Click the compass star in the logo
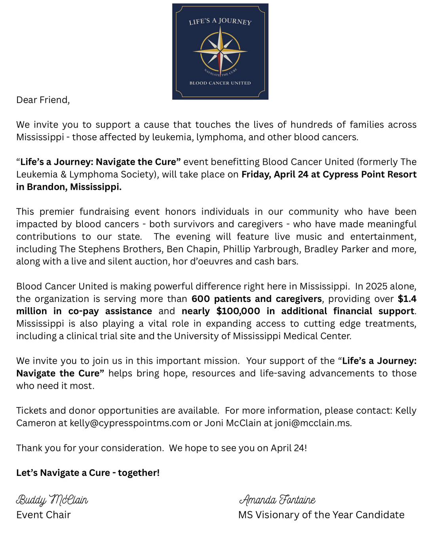pyautogui.click(x=220, y=52)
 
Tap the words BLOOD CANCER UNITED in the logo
pyautogui.click(x=220, y=83)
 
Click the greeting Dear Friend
pyautogui.click(x=43, y=100)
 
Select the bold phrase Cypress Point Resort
pyautogui.click(x=370, y=174)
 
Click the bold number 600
pyautogui.click(x=201, y=299)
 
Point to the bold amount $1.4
pyautogui.click(x=407, y=299)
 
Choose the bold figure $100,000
pyautogui.click(x=238, y=311)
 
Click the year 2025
pyautogui.click(x=378, y=287)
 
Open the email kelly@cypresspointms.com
pyautogui.click(x=130, y=423)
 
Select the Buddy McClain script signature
pyautogui.click(x=52, y=500)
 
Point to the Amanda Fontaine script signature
pyautogui.click(x=277, y=500)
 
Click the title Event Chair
pyautogui.click(x=44, y=515)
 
